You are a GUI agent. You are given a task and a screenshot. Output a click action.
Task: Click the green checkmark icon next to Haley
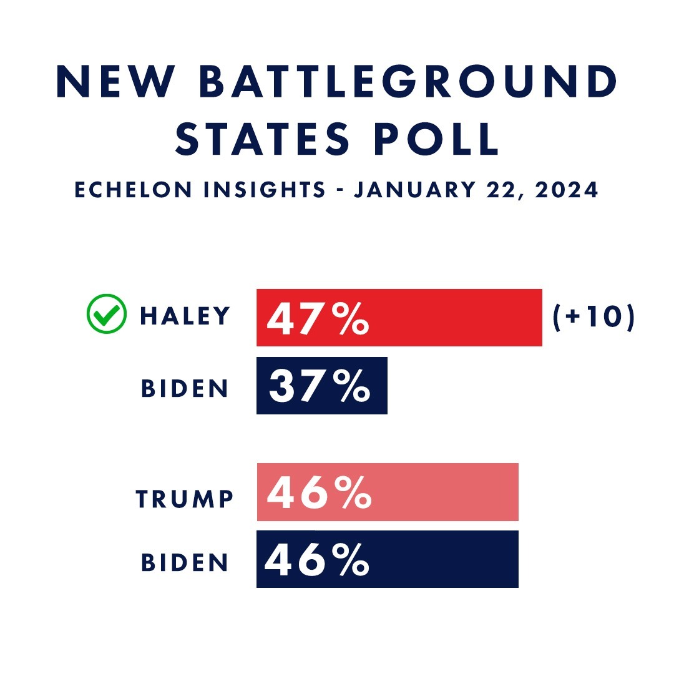tap(105, 316)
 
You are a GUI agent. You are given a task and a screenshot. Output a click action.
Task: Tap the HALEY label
tap(185, 316)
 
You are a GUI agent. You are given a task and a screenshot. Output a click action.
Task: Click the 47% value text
tap(318, 318)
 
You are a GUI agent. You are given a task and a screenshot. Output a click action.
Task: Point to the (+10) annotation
tap(593, 317)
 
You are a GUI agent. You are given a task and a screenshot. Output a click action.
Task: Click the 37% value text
tap(320, 386)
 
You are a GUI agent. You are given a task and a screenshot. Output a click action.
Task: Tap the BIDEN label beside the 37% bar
tap(185, 388)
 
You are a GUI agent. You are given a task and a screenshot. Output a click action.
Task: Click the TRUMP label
tap(185, 499)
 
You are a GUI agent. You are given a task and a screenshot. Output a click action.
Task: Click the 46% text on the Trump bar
tap(320, 492)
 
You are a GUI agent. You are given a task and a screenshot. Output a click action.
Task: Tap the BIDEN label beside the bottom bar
tap(185, 562)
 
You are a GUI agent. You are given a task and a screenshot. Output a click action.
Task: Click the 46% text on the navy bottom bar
tap(317, 559)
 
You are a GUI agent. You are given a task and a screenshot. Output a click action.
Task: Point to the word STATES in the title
tap(261, 140)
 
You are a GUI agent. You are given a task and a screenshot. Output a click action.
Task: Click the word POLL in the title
tap(436, 140)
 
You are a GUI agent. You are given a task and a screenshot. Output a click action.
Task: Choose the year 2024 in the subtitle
tap(564, 190)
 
